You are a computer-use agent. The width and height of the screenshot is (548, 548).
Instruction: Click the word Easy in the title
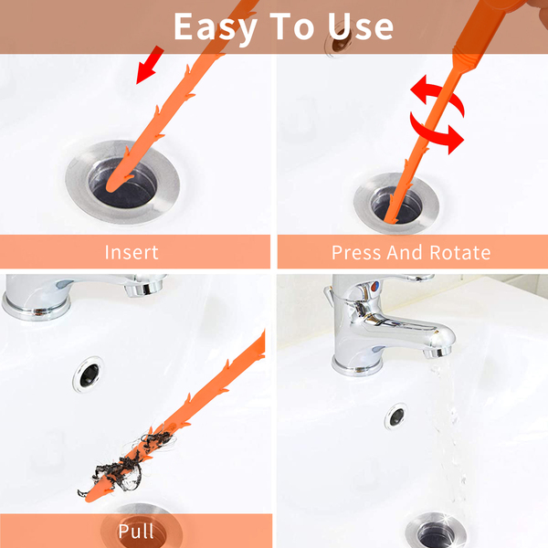tap(216, 27)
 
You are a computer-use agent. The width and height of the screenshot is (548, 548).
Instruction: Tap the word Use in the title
tap(361, 26)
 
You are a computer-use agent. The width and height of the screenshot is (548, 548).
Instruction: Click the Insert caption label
tap(132, 252)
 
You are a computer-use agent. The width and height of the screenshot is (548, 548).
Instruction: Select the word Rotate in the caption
tap(460, 252)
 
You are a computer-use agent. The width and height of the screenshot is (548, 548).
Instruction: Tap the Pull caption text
tap(136, 532)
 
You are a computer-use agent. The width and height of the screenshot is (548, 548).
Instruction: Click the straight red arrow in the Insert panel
tap(150, 65)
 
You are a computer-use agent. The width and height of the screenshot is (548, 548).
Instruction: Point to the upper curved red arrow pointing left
tap(437, 94)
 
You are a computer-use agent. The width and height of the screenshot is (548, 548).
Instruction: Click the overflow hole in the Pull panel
tap(88, 374)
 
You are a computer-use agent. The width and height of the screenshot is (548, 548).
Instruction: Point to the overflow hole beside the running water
tap(395, 416)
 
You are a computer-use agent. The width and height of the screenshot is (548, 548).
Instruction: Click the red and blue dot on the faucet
tap(374, 287)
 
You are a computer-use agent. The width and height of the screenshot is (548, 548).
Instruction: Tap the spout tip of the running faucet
tap(437, 353)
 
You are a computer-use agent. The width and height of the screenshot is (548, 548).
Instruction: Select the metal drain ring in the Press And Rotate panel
tap(396, 204)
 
